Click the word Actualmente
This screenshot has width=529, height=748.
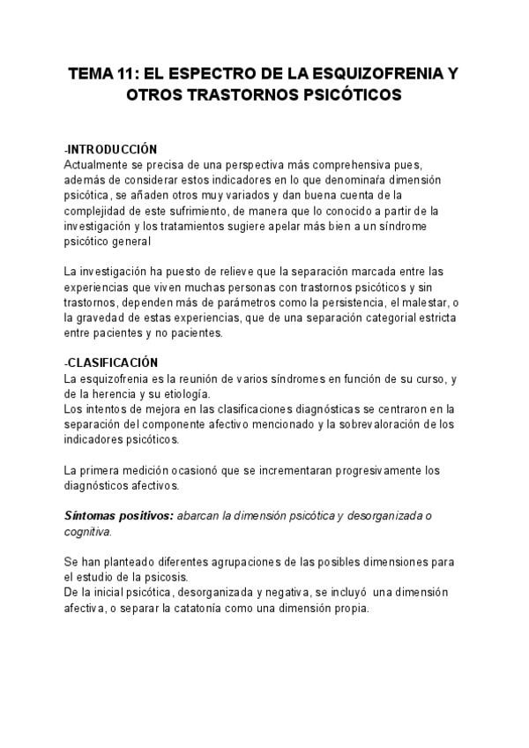(x=97, y=164)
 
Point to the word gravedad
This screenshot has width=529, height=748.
(x=111, y=318)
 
